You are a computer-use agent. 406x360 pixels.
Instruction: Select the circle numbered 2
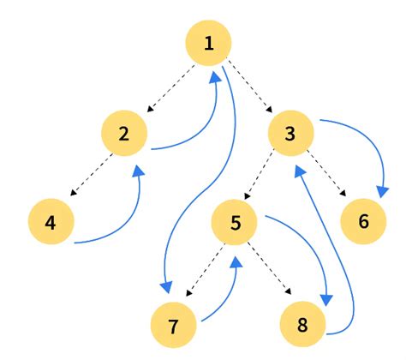coord(124,134)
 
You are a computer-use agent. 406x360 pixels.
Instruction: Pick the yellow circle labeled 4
coord(51,223)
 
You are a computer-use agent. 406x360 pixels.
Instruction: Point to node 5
coord(236,223)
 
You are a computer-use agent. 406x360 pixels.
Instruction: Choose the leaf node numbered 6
coord(363,222)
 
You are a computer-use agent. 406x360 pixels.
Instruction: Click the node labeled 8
coord(305,325)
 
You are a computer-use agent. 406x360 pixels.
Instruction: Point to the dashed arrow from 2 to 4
coord(88,177)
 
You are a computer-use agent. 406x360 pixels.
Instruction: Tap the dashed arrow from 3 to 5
coord(264,177)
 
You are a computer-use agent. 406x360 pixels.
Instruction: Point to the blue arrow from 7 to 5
coord(224,296)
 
